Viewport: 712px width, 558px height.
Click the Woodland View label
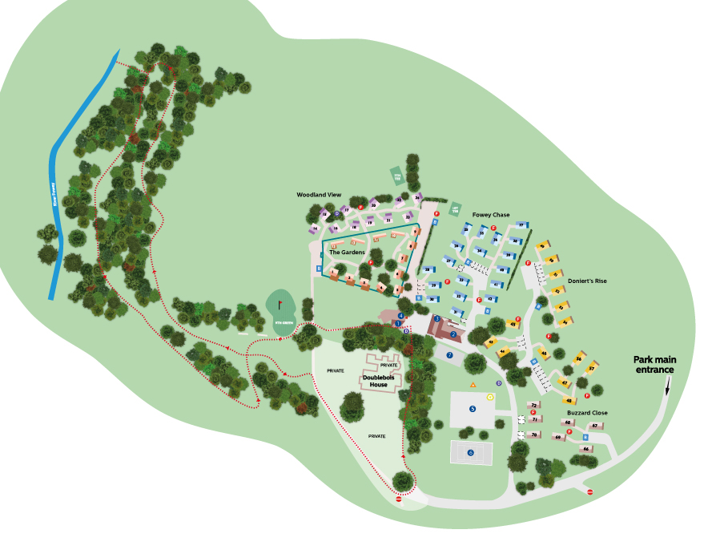(x=319, y=195)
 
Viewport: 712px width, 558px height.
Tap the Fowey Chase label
(x=491, y=215)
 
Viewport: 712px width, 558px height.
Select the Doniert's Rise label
(x=587, y=281)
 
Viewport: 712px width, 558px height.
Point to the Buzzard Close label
(x=587, y=413)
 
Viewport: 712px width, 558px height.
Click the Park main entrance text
(x=654, y=365)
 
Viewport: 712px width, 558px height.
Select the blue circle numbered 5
(x=473, y=409)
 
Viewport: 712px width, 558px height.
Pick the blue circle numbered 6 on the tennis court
(x=470, y=453)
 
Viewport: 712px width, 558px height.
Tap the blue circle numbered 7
(x=450, y=354)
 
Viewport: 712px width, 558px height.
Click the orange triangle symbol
(x=473, y=385)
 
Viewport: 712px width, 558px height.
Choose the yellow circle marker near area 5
(x=490, y=396)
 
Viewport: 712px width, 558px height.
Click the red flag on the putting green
(x=280, y=304)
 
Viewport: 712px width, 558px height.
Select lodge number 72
(x=533, y=406)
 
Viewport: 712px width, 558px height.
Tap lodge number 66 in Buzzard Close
(x=586, y=449)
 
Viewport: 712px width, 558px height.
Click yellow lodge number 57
(x=592, y=369)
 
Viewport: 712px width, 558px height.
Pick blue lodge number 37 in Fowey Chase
(x=521, y=225)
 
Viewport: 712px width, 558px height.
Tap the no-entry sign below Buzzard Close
(x=590, y=491)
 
